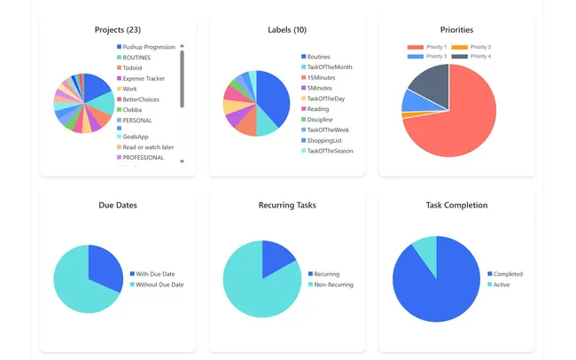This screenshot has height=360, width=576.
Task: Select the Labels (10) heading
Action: [x=287, y=29]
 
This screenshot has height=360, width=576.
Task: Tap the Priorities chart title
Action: [x=456, y=29]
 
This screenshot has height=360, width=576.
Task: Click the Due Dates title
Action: [x=117, y=205]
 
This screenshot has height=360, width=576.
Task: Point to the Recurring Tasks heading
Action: [x=287, y=205]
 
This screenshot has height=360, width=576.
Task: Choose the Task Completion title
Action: [x=456, y=205]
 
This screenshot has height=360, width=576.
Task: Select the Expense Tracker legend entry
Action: [x=144, y=78]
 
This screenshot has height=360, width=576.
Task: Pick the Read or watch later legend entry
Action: [x=148, y=146]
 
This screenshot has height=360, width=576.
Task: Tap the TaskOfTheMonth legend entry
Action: [x=329, y=67]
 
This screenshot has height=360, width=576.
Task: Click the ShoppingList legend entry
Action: [x=325, y=140]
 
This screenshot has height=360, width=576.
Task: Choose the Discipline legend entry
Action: [x=320, y=119]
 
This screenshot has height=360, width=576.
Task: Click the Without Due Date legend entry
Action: [x=160, y=285]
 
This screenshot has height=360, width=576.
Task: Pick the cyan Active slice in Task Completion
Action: [x=426, y=250]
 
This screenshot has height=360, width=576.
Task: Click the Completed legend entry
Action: [x=507, y=274]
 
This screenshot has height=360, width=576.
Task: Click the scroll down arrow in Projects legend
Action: [x=182, y=161]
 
